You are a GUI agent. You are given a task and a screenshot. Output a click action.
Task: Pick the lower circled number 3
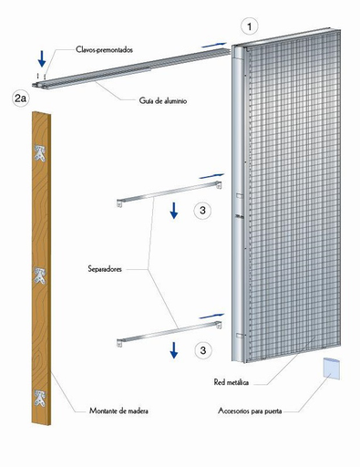(x=204, y=348)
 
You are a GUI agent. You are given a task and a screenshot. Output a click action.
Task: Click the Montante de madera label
(x=120, y=410)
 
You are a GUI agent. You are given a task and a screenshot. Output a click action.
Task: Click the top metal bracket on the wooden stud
(x=40, y=153)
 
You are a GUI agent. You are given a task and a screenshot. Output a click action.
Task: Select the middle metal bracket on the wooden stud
(x=40, y=274)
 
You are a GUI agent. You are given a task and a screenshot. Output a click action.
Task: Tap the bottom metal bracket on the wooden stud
(x=40, y=397)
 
